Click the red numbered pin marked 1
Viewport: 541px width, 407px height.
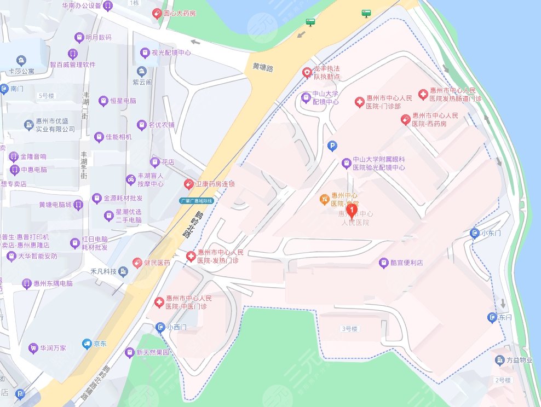coord(353,210)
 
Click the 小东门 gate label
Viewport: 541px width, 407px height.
coord(491,234)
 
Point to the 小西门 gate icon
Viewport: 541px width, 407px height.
coord(160,328)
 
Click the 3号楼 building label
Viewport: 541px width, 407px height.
coord(349,329)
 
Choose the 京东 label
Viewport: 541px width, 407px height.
coord(100,344)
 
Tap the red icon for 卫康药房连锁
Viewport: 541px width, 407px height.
coord(188,184)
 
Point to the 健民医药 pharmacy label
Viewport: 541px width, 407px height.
coord(157,263)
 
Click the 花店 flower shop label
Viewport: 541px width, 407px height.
coord(168,162)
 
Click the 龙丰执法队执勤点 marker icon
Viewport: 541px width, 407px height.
coord(307,72)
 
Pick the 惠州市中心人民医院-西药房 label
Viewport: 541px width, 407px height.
coord(436,120)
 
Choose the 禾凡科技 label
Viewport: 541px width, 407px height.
coord(103,272)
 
